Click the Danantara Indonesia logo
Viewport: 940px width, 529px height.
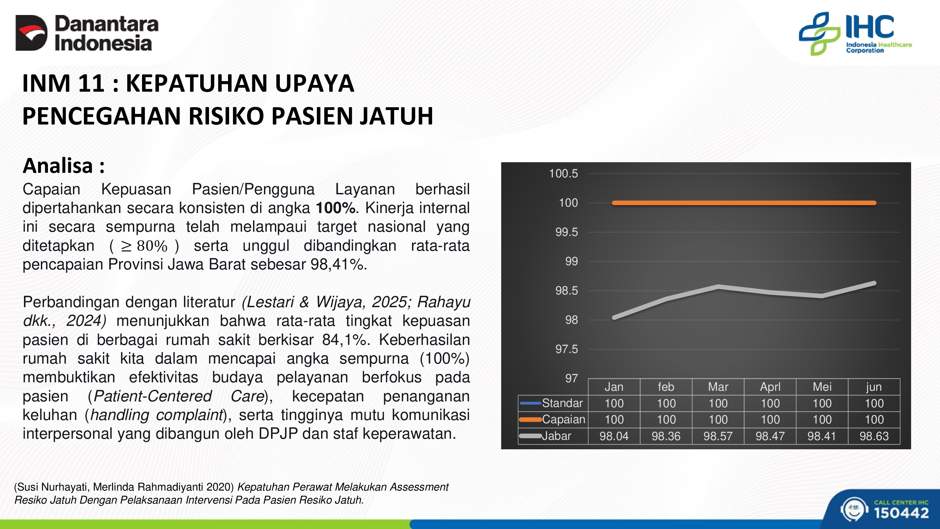click(x=87, y=33)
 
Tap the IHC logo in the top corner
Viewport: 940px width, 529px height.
click(x=855, y=34)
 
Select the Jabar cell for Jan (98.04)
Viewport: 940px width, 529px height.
click(x=614, y=436)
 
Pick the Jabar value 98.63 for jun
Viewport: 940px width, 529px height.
click(x=874, y=436)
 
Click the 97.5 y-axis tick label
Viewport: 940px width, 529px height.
click(x=566, y=349)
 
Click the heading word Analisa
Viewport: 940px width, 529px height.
click(x=58, y=166)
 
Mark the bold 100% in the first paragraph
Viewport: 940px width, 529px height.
click(x=335, y=208)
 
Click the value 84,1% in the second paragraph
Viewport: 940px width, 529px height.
click(x=344, y=340)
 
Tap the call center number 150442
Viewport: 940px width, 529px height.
click(x=901, y=513)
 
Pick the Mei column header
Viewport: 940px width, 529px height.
click(x=822, y=387)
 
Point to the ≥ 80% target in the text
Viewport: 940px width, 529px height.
click(x=144, y=246)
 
